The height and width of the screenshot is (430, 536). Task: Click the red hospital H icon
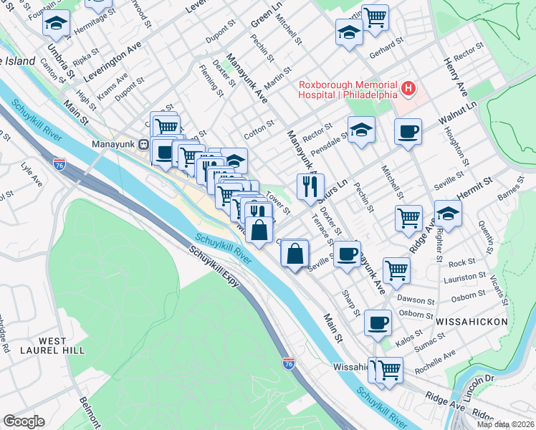tap(408, 89)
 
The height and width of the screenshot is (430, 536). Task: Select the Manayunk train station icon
tap(143, 143)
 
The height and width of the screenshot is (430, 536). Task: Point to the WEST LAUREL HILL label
tap(62, 345)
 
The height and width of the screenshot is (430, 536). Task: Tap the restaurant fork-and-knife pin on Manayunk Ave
tap(310, 187)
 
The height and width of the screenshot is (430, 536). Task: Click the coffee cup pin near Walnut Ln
tap(408, 132)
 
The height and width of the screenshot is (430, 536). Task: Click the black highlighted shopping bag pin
tap(262, 230)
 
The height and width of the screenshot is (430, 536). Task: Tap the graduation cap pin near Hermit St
tap(448, 214)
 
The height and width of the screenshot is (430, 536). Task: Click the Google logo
tap(23, 421)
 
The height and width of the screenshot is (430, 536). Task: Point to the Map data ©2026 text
tap(505, 424)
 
